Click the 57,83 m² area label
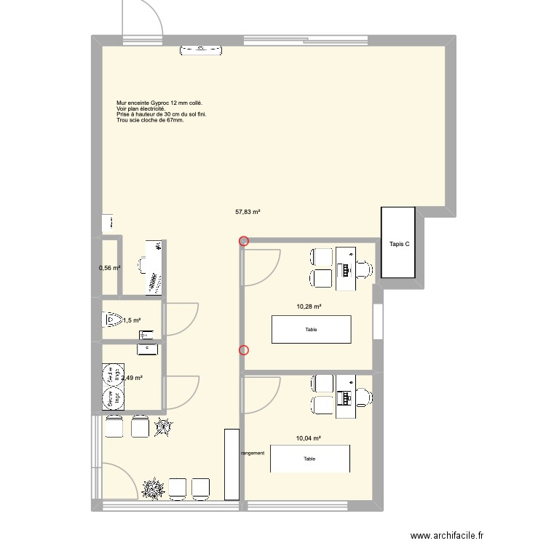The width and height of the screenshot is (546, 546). (248, 213)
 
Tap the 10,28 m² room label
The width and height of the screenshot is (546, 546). (309, 306)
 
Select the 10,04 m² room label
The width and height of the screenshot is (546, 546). (309, 438)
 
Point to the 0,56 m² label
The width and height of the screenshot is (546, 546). (109, 268)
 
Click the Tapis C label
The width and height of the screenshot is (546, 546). (399, 244)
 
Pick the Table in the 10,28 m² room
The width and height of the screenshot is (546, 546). (311, 329)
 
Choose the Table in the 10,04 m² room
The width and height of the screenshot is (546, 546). (310, 459)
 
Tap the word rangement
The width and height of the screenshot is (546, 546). (253, 453)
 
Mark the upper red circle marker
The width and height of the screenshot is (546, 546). (243, 241)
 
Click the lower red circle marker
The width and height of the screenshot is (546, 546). (243, 350)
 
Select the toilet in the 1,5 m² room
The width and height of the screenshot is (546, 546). (112, 320)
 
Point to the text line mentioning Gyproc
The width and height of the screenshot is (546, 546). (159, 103)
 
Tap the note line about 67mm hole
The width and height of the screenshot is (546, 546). (150, 120)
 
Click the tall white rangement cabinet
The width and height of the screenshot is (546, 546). (232, 464)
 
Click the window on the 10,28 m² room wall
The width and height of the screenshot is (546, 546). (377, 321)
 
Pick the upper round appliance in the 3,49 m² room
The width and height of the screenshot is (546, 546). (114, 376)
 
